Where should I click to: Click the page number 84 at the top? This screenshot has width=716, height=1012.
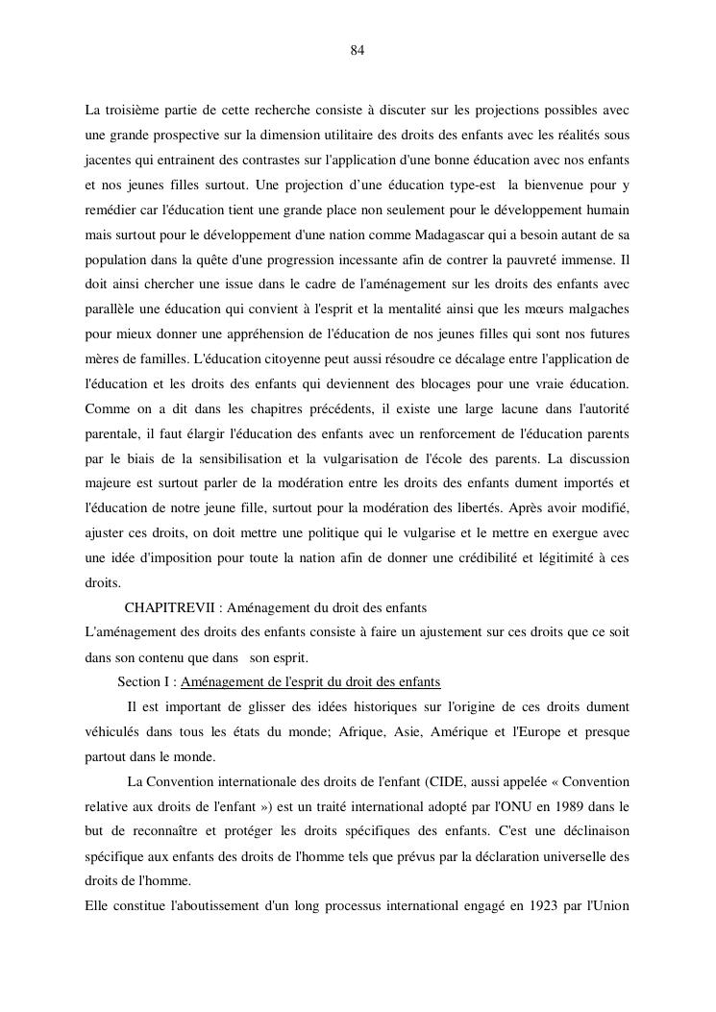[357, 50]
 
